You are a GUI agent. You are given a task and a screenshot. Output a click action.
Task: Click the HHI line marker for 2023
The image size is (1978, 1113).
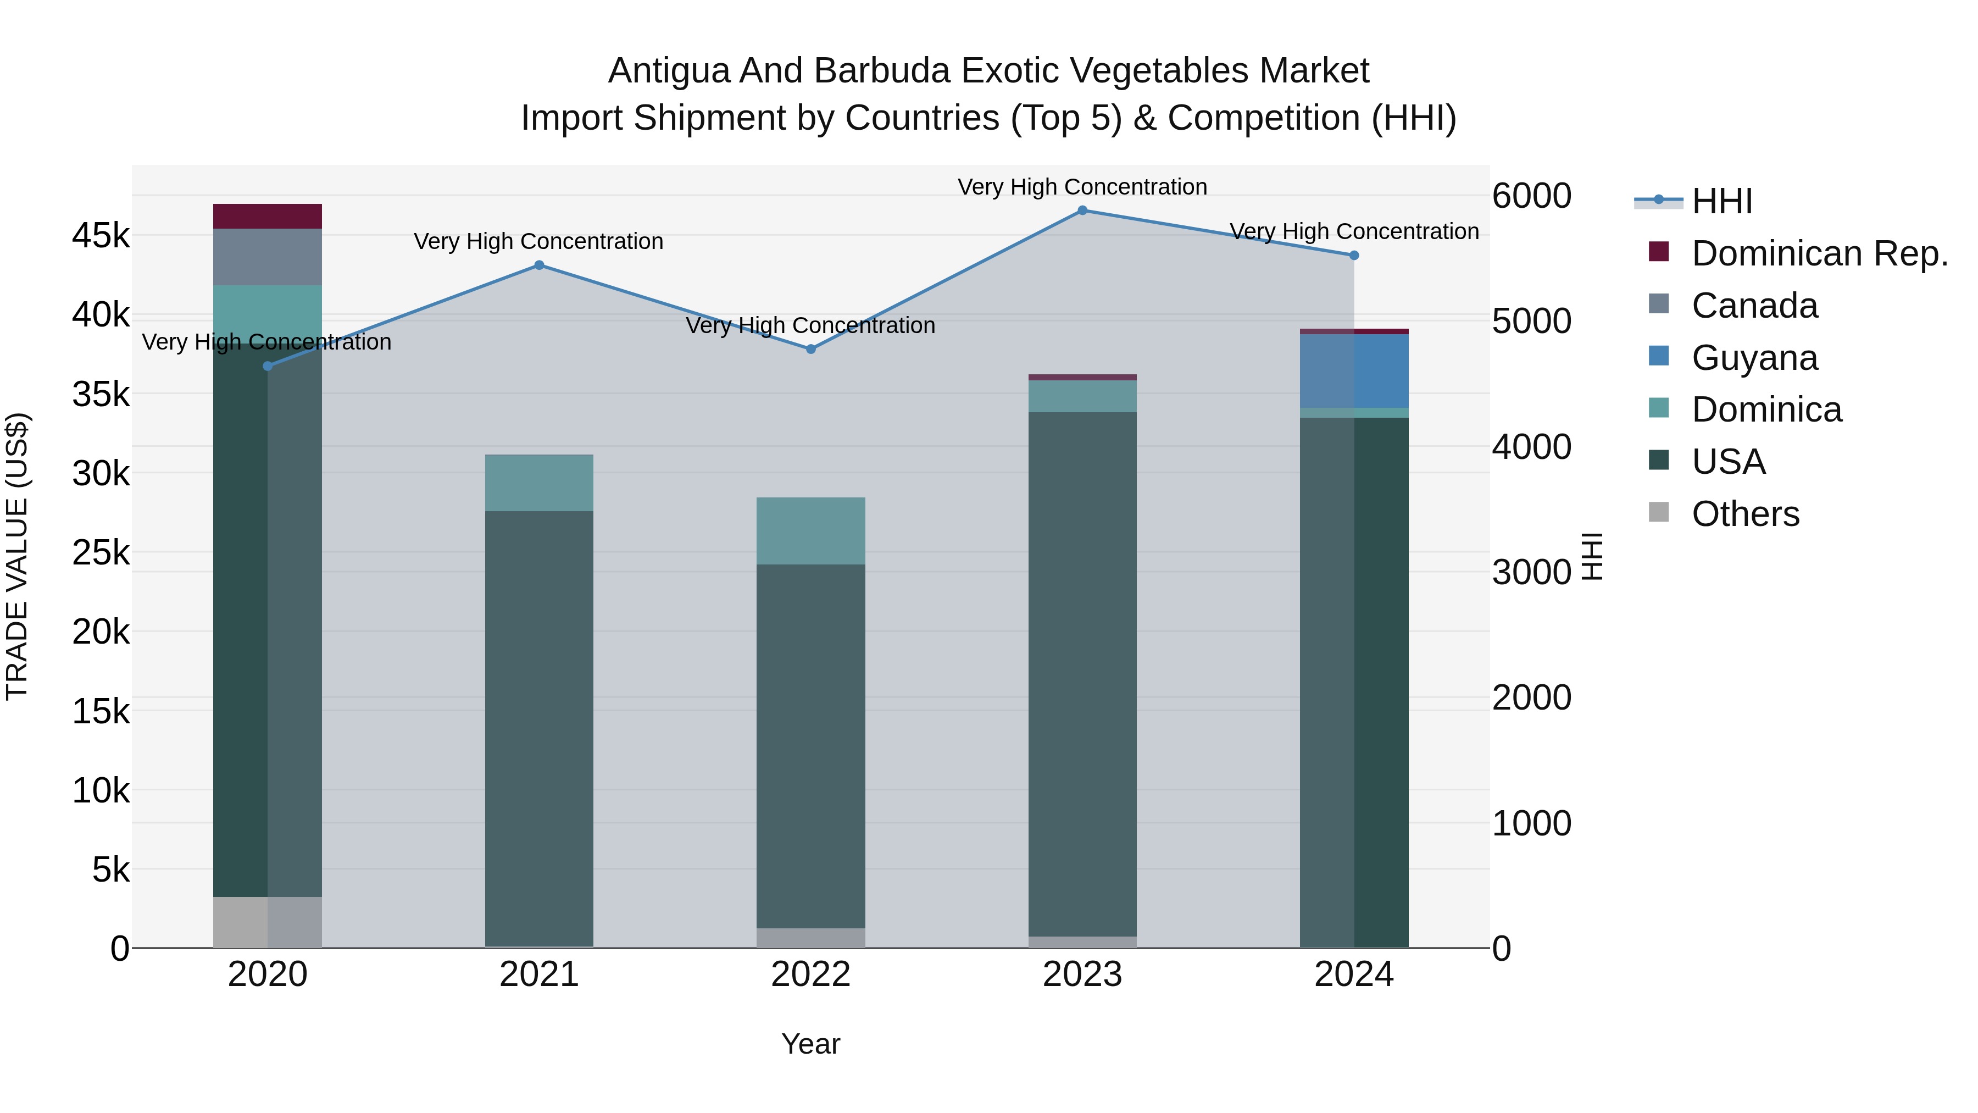[x=1082, y=211]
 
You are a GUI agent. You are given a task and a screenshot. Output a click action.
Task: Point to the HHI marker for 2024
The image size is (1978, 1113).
[x=1354, y=256]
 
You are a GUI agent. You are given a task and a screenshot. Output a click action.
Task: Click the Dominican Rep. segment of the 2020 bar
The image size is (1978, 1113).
[x=267, y=217]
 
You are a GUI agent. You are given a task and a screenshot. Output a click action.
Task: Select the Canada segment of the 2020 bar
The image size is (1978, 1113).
[x=267, y=257]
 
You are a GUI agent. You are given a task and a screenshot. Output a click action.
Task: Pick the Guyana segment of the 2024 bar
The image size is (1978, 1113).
[x=1354, y=371]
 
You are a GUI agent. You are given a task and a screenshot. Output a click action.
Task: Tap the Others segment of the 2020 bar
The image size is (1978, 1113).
[x=267, y=922]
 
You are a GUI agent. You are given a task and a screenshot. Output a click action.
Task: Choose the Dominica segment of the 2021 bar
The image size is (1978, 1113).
[x=539, y=483]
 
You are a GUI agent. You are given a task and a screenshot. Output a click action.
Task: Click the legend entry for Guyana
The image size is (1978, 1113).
[x=1754, y=358]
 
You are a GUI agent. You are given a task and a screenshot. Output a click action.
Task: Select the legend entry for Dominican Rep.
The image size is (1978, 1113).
[x=1819, y=253]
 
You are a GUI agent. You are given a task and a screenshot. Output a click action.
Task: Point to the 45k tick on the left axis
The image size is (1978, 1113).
[x=101, y=236]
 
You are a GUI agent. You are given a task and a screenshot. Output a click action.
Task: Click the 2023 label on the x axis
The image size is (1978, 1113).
[x=1082, y=974]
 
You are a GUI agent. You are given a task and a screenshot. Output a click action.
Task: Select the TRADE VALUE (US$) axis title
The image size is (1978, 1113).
[x=18, y=556]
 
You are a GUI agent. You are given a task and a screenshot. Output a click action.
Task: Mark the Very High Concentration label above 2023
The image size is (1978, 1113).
[x=1082, y=187]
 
